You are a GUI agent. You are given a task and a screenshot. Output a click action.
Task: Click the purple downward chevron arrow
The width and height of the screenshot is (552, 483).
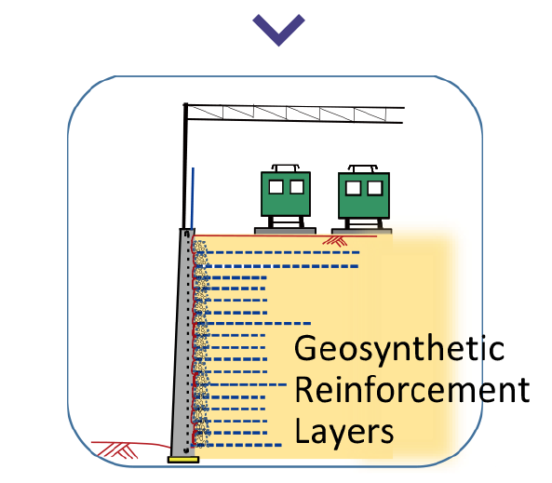pyautogui.click(x=278, y=30)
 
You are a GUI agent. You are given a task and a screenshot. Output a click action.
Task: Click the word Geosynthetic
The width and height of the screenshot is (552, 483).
pyautogui.click(x=399, y=348)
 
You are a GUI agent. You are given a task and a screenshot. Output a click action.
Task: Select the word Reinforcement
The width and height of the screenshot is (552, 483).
pyautogui.click(x=412, y=389)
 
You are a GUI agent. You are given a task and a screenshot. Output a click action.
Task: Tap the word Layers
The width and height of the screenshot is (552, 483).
pyautogui.click(x=343, y=432)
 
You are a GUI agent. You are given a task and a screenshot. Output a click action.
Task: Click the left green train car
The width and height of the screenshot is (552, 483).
pyautogui.click(x=286, y=194)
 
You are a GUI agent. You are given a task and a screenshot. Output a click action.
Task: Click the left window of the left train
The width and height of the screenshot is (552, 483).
pyautogui.click(x=276, y=187)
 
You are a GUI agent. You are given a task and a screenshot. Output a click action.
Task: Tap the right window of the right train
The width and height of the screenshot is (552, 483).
pyautogui.click(x=375, y=188)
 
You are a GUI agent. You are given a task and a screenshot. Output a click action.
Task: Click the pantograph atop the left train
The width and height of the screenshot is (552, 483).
pyautogui.click(x=285, y=168)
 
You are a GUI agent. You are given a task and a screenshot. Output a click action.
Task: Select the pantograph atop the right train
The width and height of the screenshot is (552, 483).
pyautogui.click(x=363, y=168)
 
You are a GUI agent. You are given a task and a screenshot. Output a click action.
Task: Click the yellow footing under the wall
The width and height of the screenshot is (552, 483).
pyautogui.click(x=183, y=460)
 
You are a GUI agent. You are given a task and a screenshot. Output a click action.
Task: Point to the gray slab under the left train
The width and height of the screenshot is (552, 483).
pyautogui.click(x=285, y=231)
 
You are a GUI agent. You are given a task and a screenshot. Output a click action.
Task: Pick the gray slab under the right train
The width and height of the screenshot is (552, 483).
pyautogui.click(x=361, y=232)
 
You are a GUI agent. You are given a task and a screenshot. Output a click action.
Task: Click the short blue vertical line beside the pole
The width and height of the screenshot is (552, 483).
pyautogui.click(x=192, y=198)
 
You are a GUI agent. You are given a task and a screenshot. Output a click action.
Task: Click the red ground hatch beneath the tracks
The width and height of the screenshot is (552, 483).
pyautogui.click(x=335, y=241)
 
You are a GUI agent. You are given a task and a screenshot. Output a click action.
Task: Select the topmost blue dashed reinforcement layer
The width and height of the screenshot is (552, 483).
pyautogui.click(x=283, y=252)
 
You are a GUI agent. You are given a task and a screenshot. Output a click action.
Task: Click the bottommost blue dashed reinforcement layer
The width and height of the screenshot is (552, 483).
pyautogui.click(x=236, y=446)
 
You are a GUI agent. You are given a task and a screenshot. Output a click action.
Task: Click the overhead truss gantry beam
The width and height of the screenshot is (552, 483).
pyautogui.click(x=295, y=114)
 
